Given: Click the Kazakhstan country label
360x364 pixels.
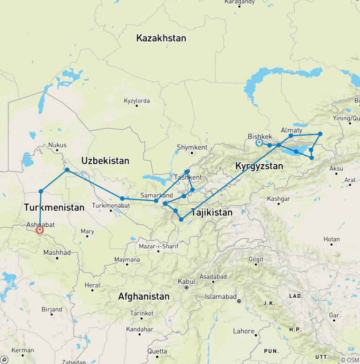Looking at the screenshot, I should [161, 38].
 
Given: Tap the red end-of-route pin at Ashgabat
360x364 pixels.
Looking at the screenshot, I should [40, 230].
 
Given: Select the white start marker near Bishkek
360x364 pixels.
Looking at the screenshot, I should [259, 143].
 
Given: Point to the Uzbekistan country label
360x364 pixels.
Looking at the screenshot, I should [105, 160].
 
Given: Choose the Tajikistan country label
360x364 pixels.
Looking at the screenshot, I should [211, 212].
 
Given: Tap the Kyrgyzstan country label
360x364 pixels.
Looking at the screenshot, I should [259, 166].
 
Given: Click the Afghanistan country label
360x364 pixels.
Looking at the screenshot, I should [143, 296].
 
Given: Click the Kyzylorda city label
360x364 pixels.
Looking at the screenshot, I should [136, 101].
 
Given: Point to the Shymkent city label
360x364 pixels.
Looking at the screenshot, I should [192, 147].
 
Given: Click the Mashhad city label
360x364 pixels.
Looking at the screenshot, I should [57, 252].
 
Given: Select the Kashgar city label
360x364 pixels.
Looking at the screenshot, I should [278, 198].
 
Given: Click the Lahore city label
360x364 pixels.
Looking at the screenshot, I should [244, 331].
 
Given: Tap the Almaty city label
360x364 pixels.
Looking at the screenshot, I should [292, 130].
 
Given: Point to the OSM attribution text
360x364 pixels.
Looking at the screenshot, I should [350, 360].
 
